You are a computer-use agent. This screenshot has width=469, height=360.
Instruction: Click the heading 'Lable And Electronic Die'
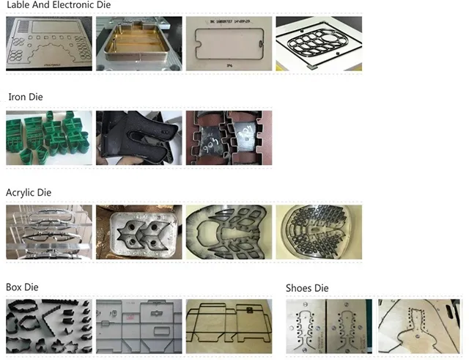coord(59,5)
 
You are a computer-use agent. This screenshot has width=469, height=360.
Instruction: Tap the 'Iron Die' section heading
coord(26,97)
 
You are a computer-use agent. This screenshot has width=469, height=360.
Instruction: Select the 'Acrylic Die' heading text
coord(29,192)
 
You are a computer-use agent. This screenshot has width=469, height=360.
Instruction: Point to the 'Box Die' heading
coord(22,287)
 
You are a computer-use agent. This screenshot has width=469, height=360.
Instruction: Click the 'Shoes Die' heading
coord(308,287)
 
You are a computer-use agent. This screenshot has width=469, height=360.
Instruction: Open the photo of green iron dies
coord(49,138)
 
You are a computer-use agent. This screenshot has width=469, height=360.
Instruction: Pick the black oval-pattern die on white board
coord(319,44)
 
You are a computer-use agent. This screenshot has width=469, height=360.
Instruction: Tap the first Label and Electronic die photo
coord(49,44)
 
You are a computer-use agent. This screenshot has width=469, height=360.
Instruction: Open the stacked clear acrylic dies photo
coord(49,233)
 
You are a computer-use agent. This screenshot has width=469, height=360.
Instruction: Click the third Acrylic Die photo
coord(229,233)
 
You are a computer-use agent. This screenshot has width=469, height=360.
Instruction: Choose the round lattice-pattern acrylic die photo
coord(319,233)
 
